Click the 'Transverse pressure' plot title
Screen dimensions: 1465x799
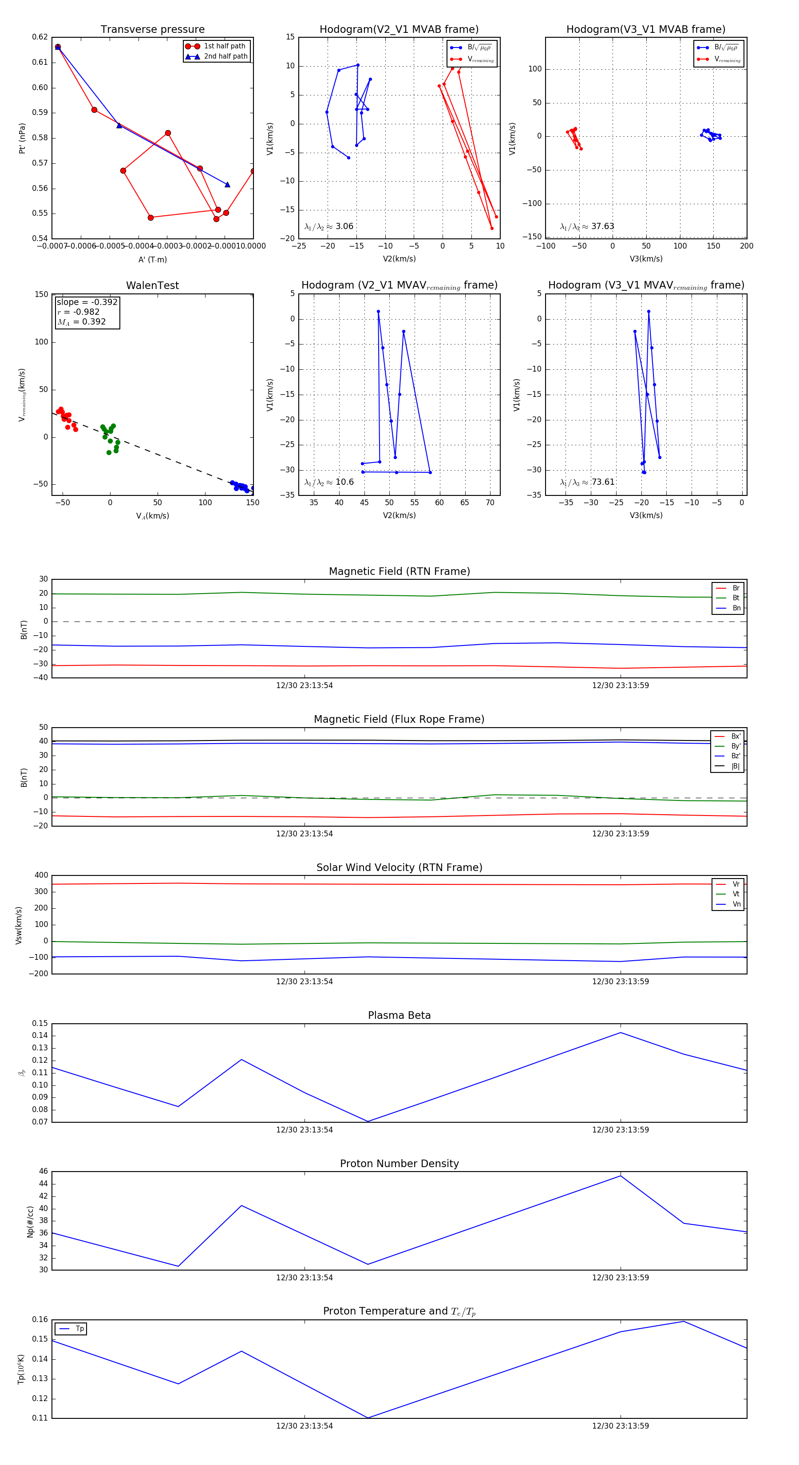152,30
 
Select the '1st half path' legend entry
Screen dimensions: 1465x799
224,46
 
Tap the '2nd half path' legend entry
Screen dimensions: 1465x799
225,56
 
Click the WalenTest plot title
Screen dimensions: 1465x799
152,285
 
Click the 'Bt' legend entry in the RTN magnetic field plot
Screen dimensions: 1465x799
736,598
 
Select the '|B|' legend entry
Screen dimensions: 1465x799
735,766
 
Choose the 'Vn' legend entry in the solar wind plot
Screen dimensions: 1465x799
736,904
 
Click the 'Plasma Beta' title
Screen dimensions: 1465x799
399,1016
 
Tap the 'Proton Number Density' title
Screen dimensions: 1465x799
399,1164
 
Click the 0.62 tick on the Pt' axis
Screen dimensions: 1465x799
40,37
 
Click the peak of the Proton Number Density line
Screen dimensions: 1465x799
621,1176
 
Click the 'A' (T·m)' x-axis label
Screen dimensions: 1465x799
152,259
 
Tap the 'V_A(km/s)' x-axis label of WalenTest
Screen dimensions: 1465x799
152,516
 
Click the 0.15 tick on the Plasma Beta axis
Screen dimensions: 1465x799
40,1023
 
